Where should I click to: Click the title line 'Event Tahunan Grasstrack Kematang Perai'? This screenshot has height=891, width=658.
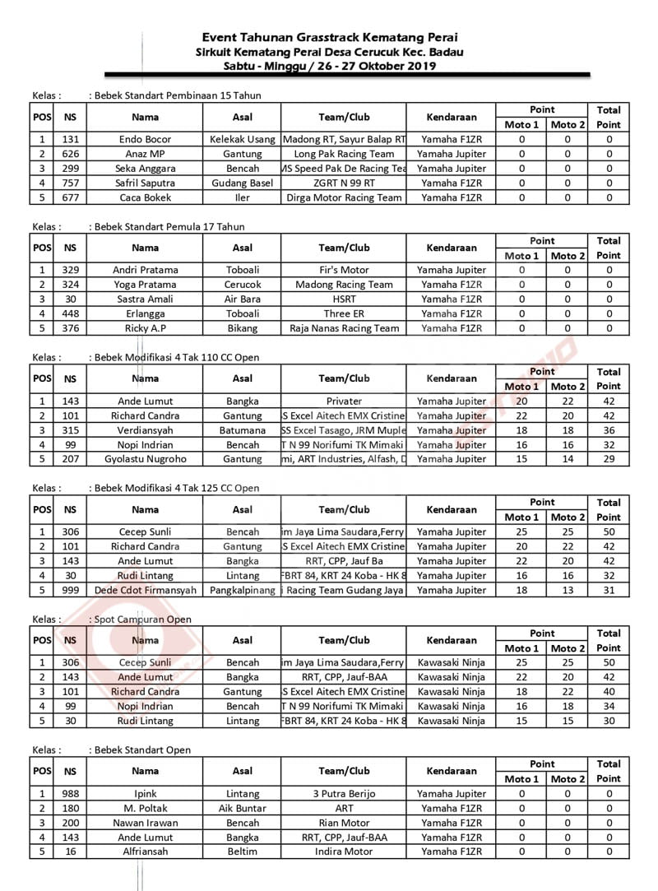(330, 37)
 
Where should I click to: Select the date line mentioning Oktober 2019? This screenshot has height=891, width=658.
(330, 66)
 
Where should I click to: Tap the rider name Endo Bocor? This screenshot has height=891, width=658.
(145, 139)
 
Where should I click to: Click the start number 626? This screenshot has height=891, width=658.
(70, 154)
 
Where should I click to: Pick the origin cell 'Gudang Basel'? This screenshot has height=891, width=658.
(242, 183)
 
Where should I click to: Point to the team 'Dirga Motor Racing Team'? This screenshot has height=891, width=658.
(344, 197)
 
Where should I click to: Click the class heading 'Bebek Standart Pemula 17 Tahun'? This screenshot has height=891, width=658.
(169, 226)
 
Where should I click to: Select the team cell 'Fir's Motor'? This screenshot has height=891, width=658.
(344, 270)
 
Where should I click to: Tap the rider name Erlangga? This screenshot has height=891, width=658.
(145, 313)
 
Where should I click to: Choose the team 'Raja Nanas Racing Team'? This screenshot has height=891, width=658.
(344, 328)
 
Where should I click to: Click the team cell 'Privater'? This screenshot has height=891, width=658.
(344, 401)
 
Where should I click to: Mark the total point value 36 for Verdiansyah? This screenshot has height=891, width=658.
(609, 430)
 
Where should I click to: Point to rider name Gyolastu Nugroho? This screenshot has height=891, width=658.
(145, 459)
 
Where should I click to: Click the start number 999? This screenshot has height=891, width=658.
(70, 590)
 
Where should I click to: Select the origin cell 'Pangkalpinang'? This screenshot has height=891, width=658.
(242, 590)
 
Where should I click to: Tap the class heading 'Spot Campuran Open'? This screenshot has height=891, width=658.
(142, 619)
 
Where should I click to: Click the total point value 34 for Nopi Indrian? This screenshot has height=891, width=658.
(609, 706)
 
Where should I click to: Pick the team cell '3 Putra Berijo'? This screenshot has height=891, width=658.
(344, 794)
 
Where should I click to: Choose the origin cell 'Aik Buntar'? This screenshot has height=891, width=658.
(242, 808)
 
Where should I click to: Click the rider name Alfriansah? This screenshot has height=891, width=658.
(145, 852)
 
